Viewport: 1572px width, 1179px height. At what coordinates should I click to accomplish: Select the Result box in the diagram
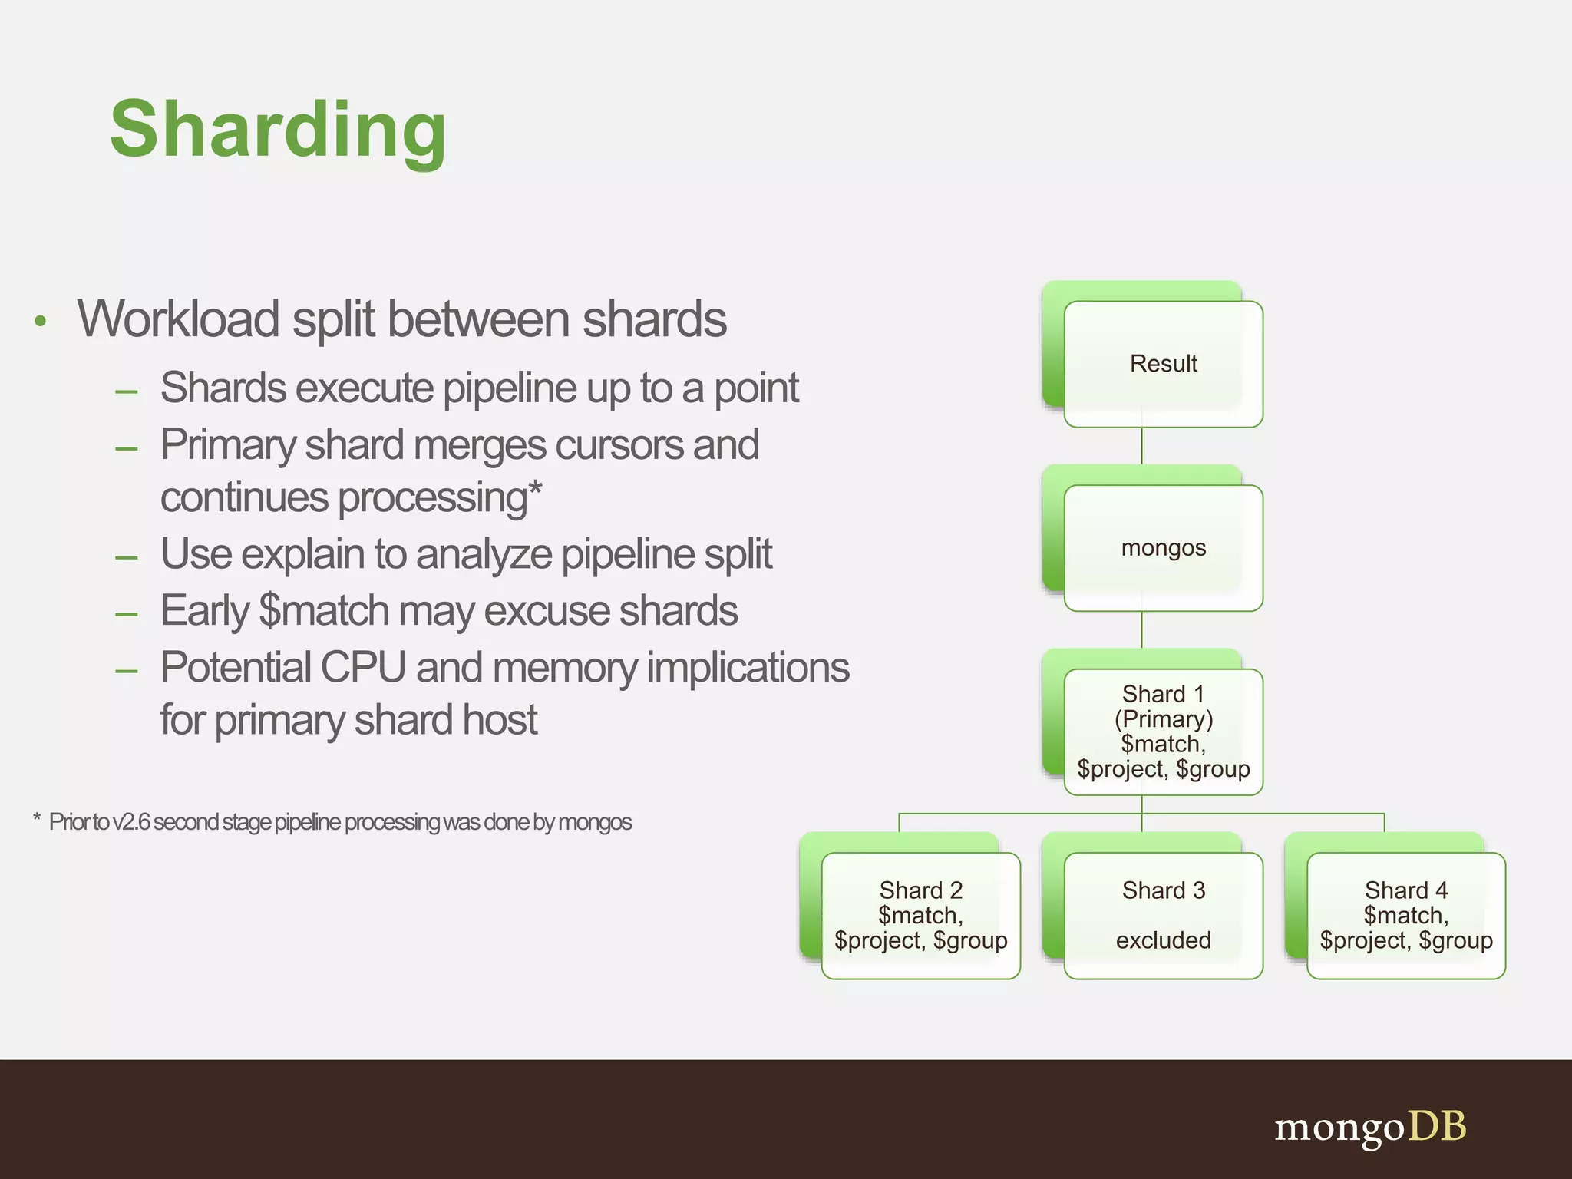(x=1163, y=364)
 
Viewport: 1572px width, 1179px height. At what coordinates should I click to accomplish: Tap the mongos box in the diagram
(x=1163, y=548)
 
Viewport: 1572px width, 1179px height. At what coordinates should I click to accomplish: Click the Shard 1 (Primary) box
(x=1163, y=732)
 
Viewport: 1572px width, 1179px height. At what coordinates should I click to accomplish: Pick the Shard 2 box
(x=920, y=915)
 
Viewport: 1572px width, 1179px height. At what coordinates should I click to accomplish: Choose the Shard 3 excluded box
(x=1163, y=915)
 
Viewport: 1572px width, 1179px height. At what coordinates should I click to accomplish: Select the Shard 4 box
(x=1405, y=915)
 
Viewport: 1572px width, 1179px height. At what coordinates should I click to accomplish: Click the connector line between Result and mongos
(x=1141, y=446)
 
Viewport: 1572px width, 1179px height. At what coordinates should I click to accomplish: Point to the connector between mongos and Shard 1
(x=1141, y=630)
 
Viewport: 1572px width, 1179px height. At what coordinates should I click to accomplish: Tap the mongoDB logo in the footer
(x=1370, y=1128)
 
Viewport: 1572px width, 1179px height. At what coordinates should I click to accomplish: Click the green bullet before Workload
(x=41, y=321)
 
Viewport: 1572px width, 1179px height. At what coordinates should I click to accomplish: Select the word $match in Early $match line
(x=324, y=611)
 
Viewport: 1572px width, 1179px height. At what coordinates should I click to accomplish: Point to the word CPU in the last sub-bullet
(x=362, y=667)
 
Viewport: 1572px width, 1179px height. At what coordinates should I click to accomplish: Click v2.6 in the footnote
(x=131, y=822)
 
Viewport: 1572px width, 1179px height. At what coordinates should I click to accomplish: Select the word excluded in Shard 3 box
(x=1163, y=940)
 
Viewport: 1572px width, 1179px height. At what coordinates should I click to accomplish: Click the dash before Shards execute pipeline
(x=126, y=391)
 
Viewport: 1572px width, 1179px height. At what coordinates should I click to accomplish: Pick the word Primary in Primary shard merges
(x=228, y=446)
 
